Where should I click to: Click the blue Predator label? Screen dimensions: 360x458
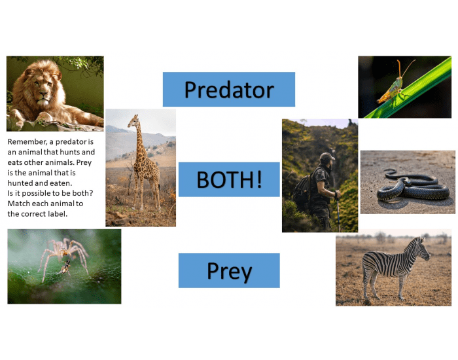click(x=228, y=89)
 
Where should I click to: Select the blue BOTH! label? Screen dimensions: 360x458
click(x=228, y=179)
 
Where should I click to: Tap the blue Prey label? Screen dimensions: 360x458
click(x=228, y=270)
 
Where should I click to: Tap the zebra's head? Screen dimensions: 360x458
click(x=421, y=247)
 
